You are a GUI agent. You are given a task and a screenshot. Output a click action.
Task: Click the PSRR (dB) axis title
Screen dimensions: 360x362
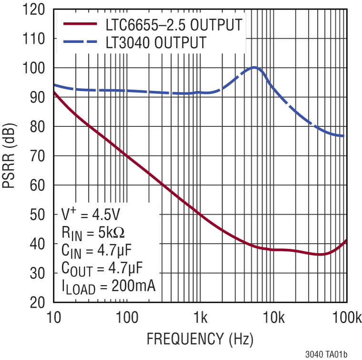point(11,156)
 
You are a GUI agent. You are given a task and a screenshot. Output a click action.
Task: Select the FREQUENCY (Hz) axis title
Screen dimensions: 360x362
point(200,339)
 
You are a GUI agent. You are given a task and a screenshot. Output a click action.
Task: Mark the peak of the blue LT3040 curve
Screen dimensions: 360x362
point(255,68)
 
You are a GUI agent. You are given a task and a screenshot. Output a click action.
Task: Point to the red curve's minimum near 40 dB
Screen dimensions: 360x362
point(321,254)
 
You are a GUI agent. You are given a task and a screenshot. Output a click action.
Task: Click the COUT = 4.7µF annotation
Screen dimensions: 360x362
point(102,267)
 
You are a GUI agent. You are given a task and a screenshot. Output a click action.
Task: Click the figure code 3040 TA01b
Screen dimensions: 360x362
point(326,354)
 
